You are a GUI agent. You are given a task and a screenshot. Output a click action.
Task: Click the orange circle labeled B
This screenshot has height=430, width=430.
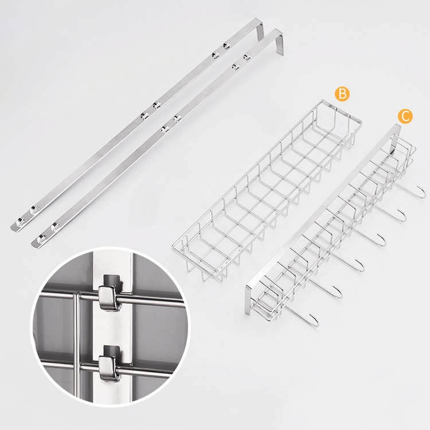[342, 94]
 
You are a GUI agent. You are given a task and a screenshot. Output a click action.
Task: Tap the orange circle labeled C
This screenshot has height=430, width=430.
[405, 116]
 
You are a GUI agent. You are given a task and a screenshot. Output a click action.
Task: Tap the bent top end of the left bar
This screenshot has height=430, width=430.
[260, 28]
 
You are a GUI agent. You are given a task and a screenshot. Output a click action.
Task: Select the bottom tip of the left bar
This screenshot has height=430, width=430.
[13, 228]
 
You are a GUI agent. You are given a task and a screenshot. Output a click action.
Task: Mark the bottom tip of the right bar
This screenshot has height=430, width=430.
[34, 245]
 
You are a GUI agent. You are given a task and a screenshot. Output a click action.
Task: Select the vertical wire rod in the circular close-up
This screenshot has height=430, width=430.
[76, 346]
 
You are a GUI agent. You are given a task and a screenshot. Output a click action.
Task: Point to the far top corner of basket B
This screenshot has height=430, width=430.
[323, 101]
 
